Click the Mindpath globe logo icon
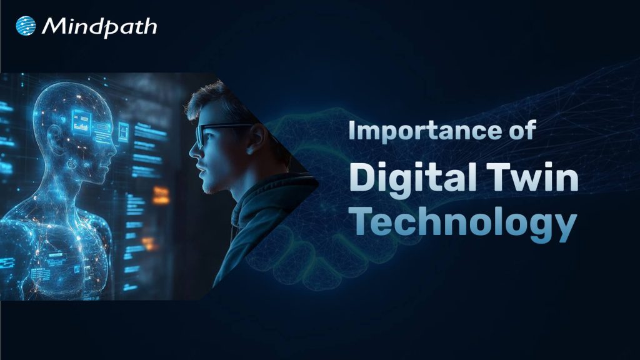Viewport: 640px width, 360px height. click(26, 26)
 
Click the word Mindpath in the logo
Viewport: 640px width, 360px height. click(99, 26)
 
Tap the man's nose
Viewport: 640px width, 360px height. click(195, 152)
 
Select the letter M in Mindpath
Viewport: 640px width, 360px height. click(52, 26)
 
